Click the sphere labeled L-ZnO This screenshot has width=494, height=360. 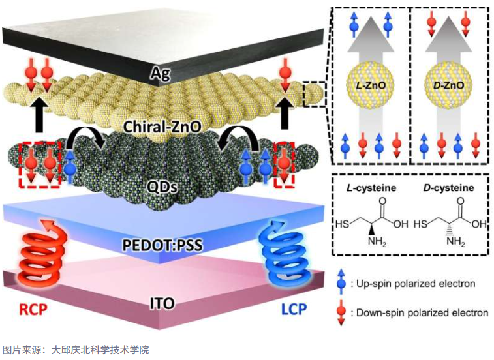tap(369, 85)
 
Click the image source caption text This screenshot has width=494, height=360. tap(75, 350)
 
